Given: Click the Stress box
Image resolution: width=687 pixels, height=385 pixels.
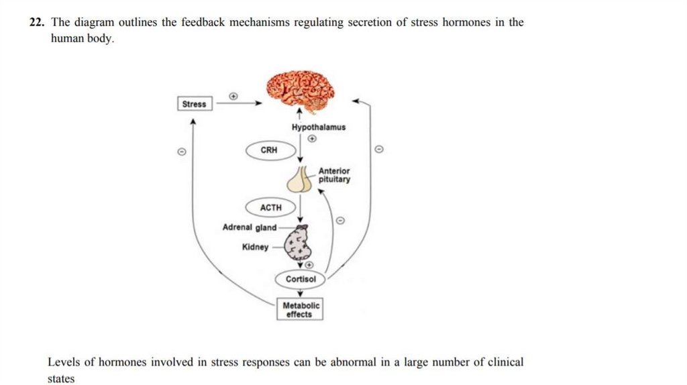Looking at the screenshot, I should point(195,104).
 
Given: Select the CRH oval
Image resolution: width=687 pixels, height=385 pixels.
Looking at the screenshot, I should point(269,150).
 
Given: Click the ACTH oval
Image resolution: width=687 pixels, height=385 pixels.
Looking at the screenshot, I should point(270,208).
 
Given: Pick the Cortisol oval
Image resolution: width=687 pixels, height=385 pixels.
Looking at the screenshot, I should point(301,279).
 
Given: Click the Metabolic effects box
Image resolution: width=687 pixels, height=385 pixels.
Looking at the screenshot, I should point(299,310).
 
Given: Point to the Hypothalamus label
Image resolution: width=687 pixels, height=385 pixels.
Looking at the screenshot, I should point(319,127).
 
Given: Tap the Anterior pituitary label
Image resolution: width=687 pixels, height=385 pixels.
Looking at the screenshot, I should point(334,175).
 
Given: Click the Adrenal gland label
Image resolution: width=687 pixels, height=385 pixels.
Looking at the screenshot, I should point(249,227).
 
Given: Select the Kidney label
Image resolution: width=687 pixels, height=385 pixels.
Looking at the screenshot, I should point(255,247).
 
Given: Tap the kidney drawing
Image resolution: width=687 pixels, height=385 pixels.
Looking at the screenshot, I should point(297,244).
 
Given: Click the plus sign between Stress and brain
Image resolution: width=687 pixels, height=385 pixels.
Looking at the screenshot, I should point(233,96).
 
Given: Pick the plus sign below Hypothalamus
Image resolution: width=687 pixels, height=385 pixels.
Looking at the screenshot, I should point(311,139).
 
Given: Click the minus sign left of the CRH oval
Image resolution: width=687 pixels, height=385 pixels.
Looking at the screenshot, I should point(180,152).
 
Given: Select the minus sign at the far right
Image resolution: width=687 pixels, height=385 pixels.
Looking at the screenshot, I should point(379,150).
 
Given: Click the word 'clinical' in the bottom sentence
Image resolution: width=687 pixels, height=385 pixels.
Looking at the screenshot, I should point(507,362).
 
